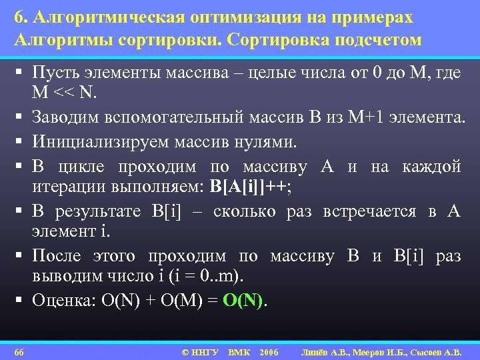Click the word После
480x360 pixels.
tap(58, 256)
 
